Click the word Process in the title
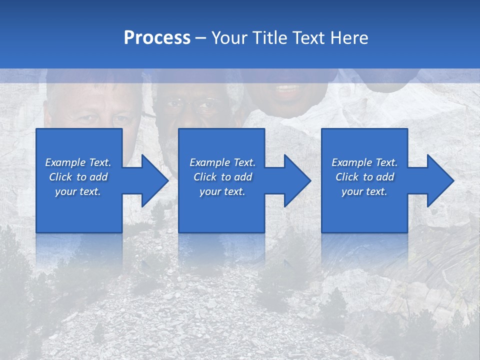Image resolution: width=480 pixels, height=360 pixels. (157, 38)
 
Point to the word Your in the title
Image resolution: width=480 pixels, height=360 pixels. (230, 38)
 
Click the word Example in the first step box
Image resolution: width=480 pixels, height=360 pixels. (65, 162)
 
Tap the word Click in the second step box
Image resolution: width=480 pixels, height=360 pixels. (204, 177)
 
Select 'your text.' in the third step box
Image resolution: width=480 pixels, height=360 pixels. (364, 191)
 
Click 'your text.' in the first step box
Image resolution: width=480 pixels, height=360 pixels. (78, 191)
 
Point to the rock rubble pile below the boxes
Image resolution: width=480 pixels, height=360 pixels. (200, 315)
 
